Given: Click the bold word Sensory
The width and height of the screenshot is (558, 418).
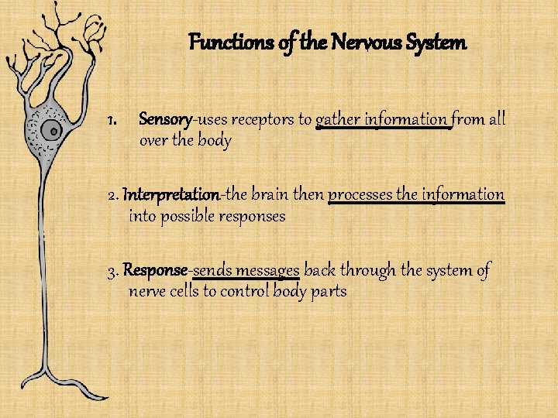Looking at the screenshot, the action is point(165,120).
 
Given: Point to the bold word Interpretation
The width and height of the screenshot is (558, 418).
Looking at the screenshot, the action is point(171,194).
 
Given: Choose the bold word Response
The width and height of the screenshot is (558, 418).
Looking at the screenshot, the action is point(155,270).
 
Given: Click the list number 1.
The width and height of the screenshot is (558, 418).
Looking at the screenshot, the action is point(112,120).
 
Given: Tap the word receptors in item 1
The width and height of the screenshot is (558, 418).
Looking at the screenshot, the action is point(264,120).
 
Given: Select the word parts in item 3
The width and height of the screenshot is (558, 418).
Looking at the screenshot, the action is point(326,292).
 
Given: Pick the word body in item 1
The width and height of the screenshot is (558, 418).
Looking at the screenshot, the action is point(214,142).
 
